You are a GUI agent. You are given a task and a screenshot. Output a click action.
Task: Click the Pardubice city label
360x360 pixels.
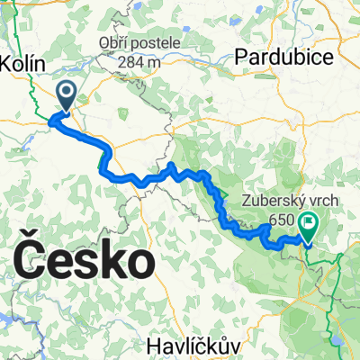click(283, 57)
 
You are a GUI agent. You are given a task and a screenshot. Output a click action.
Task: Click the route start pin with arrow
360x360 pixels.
click(67, 95)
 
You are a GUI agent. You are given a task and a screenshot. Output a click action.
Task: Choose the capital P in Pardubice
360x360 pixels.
click(240, 57)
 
